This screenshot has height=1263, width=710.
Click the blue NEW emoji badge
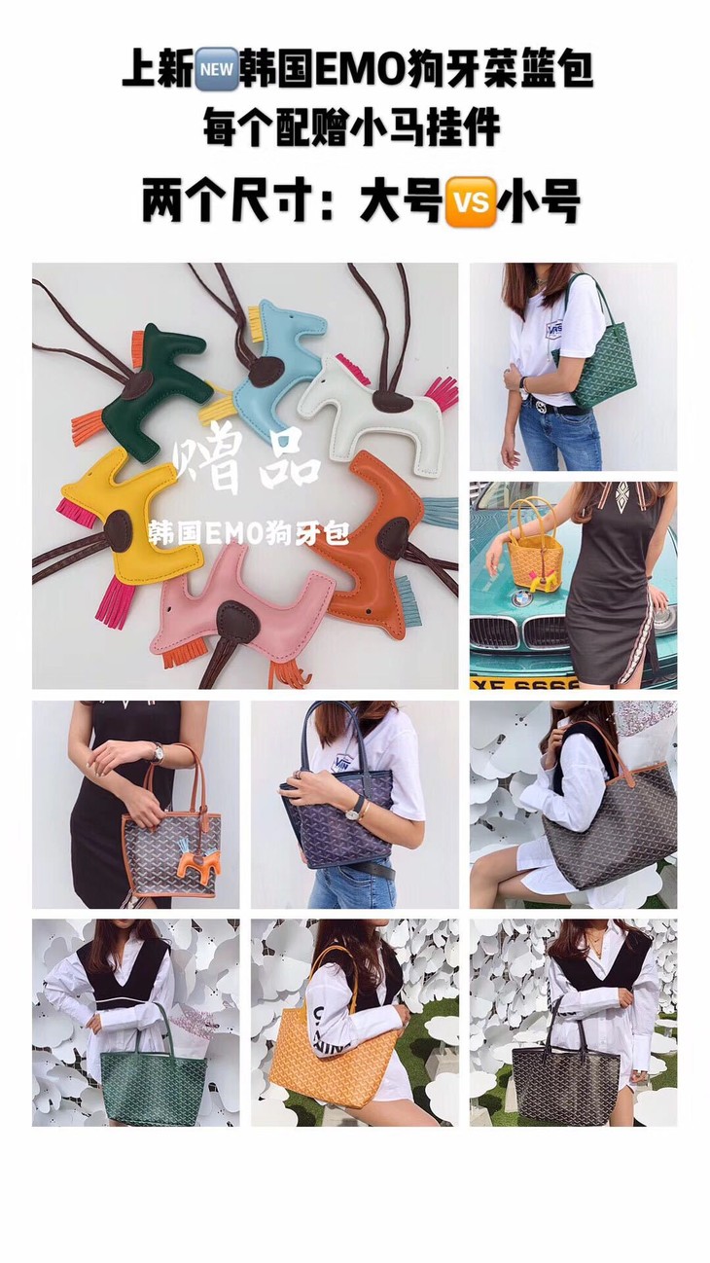click(x=217, y=69)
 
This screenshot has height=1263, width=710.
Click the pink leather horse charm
click(x=248, y=615)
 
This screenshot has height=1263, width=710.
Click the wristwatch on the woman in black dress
click(x=157, y=752)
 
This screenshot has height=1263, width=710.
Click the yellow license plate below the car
click(x=525, y=684)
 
